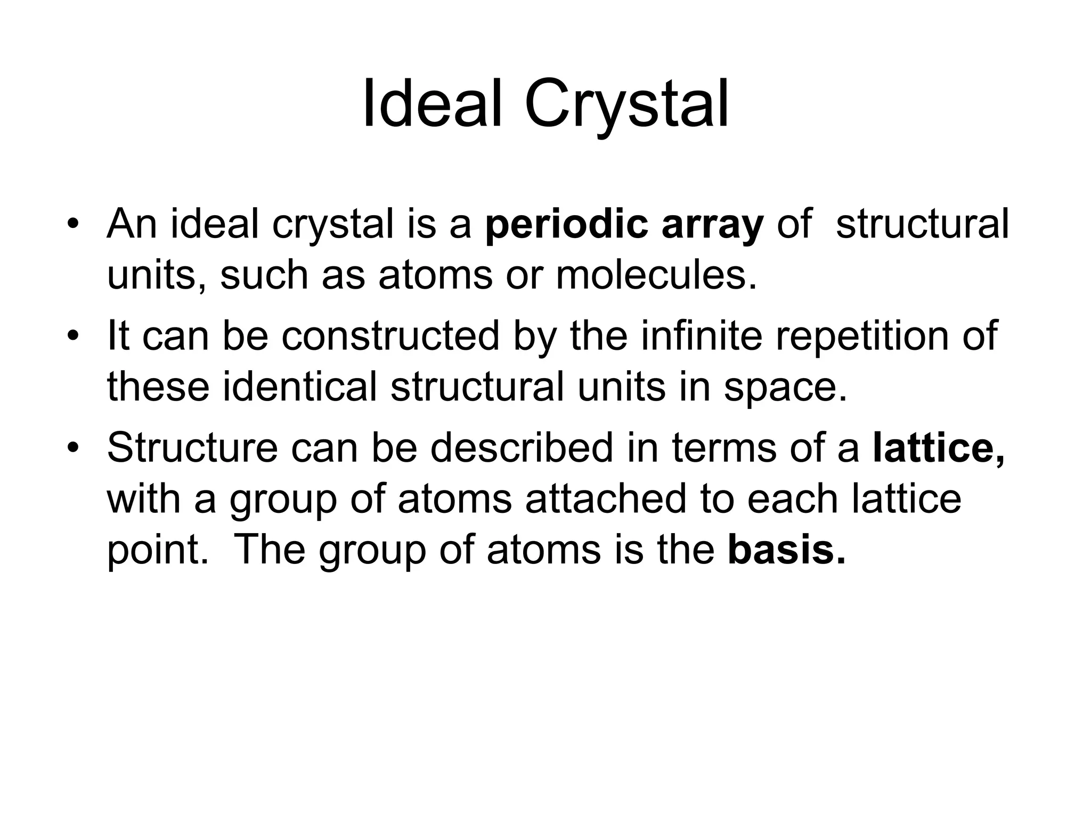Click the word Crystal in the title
626,104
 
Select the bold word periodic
567,225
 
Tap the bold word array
712,225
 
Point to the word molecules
656,276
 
